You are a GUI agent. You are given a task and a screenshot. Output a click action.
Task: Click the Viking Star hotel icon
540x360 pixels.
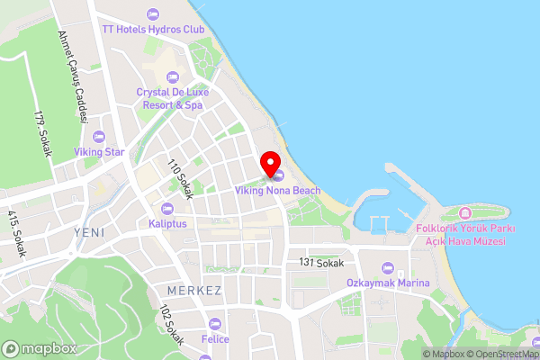[x=99, y=136]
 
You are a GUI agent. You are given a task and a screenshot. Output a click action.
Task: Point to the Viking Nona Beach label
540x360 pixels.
[x=277, y=191]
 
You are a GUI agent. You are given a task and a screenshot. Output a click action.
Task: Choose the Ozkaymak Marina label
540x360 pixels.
[x=388, y=283]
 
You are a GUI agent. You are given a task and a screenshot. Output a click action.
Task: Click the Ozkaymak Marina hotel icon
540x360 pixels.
[x=388, y=267]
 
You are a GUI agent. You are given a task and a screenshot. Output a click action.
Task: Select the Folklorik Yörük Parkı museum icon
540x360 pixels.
[x=465, y=213]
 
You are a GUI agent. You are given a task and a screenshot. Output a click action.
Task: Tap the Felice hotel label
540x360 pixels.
[x=215, y=339]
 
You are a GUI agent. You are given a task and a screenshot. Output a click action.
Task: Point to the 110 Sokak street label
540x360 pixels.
[x=181, y=179]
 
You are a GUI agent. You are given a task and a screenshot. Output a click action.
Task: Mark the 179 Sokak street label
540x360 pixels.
[x=41, y=135]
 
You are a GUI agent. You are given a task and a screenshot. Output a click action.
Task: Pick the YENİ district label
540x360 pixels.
[x=89, y=232]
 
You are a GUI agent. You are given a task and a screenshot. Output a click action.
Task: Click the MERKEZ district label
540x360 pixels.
[x=193, y=291]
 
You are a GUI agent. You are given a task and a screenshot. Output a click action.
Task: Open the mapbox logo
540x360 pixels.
[x=39, y=348]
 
